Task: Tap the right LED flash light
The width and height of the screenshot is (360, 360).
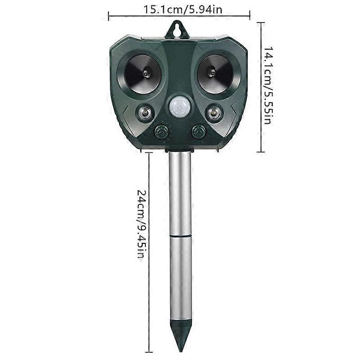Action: pos(212,112)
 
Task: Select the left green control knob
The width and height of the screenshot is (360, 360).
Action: pos(161,132)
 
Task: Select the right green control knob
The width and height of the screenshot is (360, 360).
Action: pos(198,132)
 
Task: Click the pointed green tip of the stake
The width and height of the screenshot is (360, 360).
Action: pos(180,335)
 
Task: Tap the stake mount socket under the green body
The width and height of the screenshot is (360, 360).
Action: pos(180,152)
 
